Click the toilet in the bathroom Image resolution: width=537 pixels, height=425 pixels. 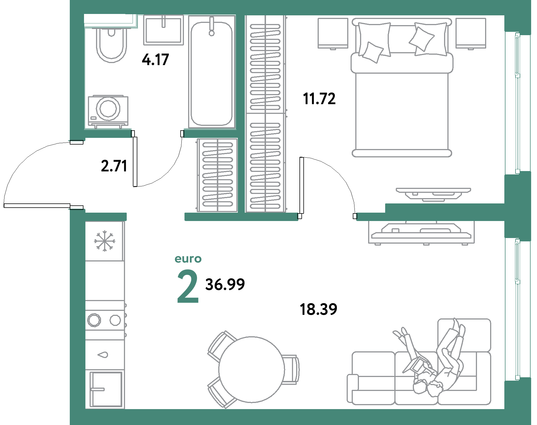pyautogui.click(x=111, y=45)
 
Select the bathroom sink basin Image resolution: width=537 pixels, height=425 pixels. pyautogui.click(x=164, y=30)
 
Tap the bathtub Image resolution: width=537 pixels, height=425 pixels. pyautogui.click(x=212, y=74)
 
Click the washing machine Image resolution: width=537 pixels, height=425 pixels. pyautogui.click(x=108, y=111)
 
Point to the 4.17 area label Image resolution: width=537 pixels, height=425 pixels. pyautogui.click(x=155, y=60)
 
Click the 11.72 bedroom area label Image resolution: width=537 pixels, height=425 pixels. pyautogui.click(x=319, y=99)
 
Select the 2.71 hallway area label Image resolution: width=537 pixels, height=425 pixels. pyautogui.click(x=114, y=166)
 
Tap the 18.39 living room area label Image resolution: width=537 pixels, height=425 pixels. pyautogui.click(x=318, y=309)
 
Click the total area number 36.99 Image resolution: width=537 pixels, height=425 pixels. pyautogui.click(x=225, y=284)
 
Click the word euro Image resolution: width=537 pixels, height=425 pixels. pyautogui.click(x=188, y=259)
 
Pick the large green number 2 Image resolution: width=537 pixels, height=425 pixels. pyautogui.click(x=188, y=286)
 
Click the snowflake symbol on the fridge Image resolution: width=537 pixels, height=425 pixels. pyautogui.click(x=105, y=241)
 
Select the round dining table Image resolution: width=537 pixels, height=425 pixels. pyautogui.click(x=251, y=369)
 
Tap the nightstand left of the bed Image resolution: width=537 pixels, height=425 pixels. pyautogui.click(x=333, y=33)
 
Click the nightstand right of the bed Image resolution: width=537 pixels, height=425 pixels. pyautogui.click(x=471, y=33)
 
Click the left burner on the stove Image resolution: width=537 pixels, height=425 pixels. pyautogui.click(x=94, y=320)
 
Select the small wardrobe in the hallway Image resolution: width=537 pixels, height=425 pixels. pyautogui.click(x=217, y=175)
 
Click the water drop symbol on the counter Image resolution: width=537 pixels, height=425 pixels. pyautogui.click(x=103, y=355)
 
